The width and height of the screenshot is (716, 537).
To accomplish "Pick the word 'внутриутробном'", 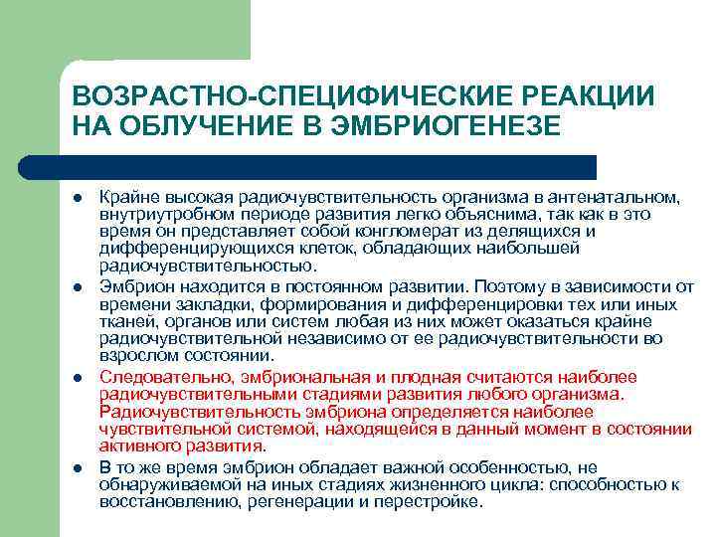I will click(158, 213).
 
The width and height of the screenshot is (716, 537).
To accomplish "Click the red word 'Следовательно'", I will click(159, 377).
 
